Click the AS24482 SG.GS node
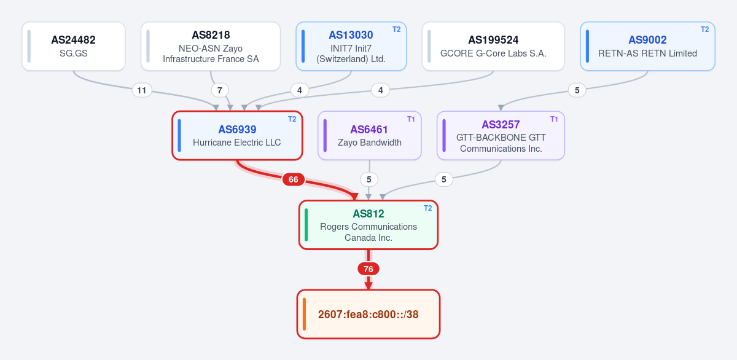tap(74, 46)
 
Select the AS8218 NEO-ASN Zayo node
tap(211, 46)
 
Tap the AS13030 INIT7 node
tap(351, 46)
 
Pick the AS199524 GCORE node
tap(493, 46)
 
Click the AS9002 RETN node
tap(647, 46)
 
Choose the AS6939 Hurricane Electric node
tap(237, 136)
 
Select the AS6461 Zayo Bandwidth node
tap(370, 136)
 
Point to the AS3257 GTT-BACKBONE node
tap(501, 136)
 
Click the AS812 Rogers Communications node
tap(368, 225)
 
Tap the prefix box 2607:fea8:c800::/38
tap(368, 315)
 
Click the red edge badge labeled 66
tap(294, 179)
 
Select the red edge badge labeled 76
tap(368, 269)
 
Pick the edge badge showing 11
tap(142, 90)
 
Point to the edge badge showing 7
tap(220, 90)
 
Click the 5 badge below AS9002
tap(577, 90)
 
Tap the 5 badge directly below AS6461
tap(369, 179)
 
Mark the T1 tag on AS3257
tap(554, 119)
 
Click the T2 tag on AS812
tap(427, 208)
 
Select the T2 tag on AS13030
tap(397, 29)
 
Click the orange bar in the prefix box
tap(305, 315)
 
